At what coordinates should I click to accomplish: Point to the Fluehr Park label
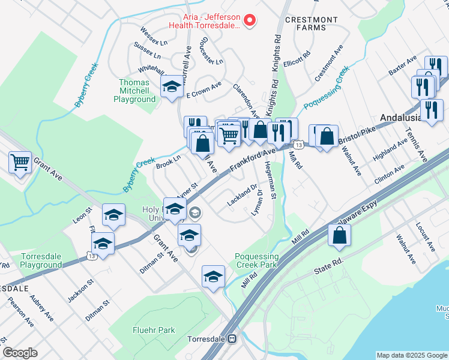154,330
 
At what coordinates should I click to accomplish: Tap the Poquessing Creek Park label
256,260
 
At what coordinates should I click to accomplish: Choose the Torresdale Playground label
41,260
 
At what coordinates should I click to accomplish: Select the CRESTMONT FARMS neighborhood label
312,24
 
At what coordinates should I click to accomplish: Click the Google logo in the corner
20,353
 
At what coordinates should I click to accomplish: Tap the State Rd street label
328,267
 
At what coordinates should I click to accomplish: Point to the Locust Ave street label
424,236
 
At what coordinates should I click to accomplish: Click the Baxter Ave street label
403,66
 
